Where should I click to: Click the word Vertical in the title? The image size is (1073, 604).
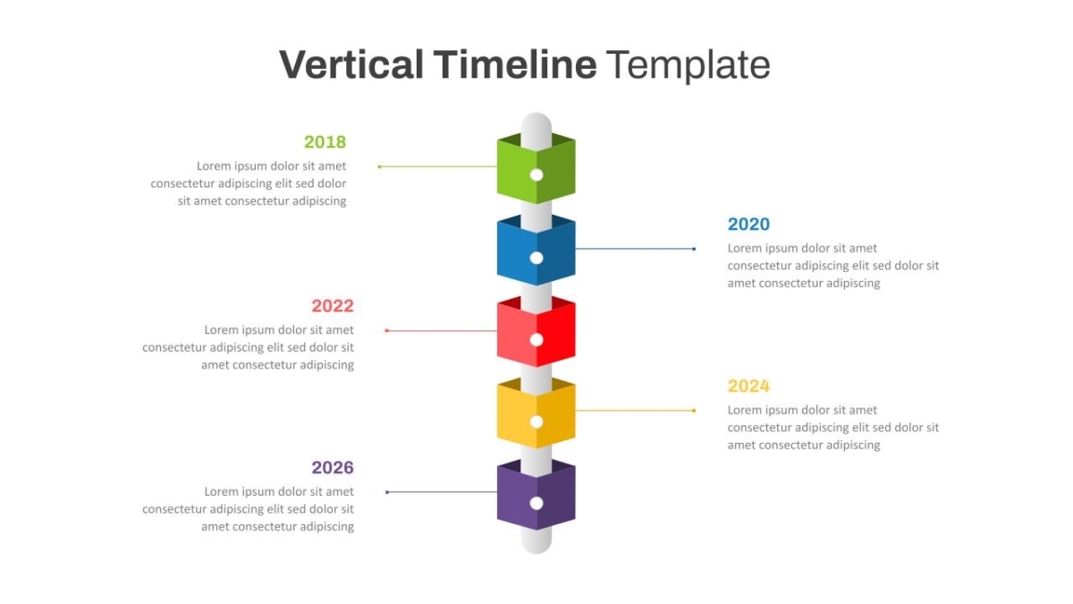click(351, 64)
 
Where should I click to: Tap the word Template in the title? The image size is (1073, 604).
click(688, 65)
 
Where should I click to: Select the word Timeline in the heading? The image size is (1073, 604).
click(515, 64)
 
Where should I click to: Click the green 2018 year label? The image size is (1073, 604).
click(325, 142)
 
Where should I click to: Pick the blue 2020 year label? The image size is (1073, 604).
click(748, 224)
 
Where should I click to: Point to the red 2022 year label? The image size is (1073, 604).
click(333, 306)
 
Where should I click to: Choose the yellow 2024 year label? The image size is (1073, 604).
click(748, 386)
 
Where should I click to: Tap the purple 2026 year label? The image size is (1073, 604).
click(333, 467)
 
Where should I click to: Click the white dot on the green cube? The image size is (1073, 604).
click(536, 175)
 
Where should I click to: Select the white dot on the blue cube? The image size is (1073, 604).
click(536, 258)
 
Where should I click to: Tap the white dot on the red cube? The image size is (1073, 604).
click(536, 340)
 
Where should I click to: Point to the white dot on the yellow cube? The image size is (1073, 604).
click(536, 421)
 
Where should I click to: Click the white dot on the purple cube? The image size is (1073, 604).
click(536, 503)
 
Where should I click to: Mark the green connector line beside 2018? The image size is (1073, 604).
click(438, 166)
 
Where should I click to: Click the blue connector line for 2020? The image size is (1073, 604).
click(635, 249)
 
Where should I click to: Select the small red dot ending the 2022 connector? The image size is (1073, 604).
click(387, 331)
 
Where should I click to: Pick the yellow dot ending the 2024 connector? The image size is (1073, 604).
click(694, 411)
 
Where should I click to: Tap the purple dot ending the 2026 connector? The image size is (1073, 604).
click(387, 492)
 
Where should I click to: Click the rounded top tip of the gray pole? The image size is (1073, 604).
click(536, 115)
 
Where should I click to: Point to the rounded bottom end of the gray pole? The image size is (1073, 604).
click(536, 553)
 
